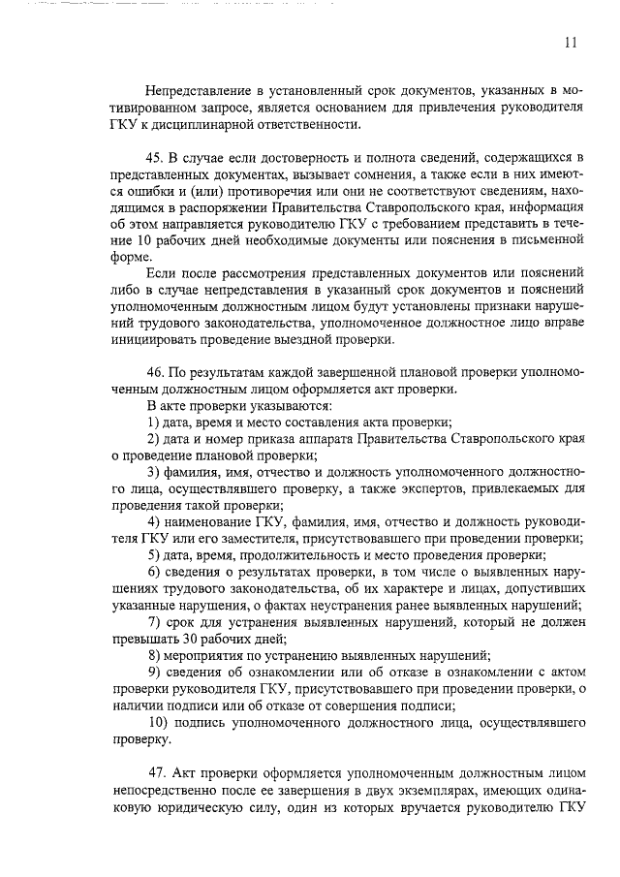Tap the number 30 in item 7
click(190, 639)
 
